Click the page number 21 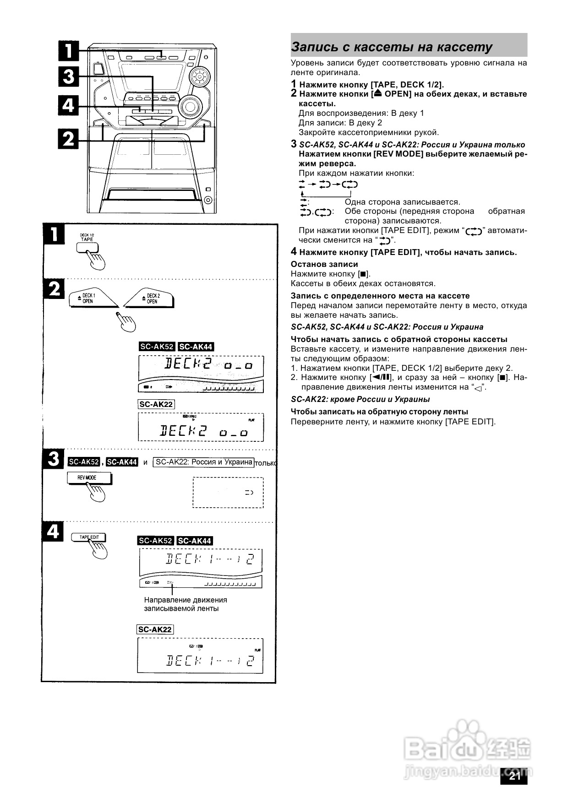(x=515, y=776)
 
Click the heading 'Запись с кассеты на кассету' (x=392, y=47)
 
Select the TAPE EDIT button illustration (x=88, y=537)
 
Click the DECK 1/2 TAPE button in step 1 (x=87, y=247)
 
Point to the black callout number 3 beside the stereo (x=69, y=76)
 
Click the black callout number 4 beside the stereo (x=69, y=106)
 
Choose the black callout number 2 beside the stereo (x=69, y=138)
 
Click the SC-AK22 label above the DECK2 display (x=156, y=404)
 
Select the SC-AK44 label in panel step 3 (x=122, y=462)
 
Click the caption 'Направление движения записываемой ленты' (x=186, y=604)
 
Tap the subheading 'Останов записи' (x=324, y=264)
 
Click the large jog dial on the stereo (x=189, y=107)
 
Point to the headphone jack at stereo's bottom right (x=208, y=200)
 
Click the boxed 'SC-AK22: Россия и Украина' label (x=203, y=462)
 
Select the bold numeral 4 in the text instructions (x=294, y=252)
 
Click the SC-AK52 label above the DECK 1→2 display (x=156, y=541)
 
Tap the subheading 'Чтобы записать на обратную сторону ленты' (x=379, y=412)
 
